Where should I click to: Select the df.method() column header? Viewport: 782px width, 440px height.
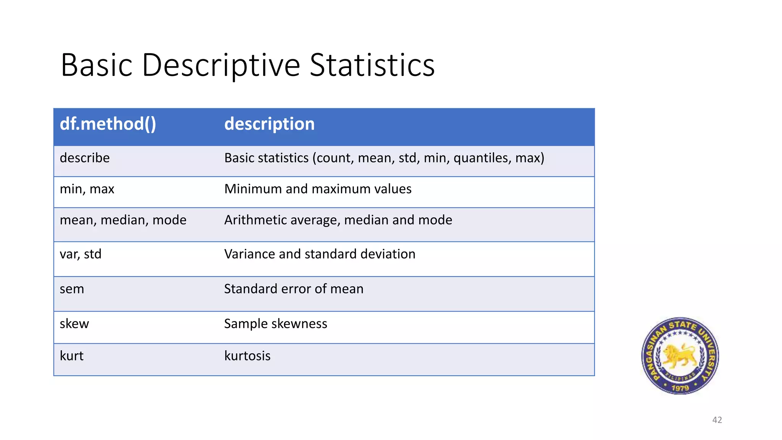tap(108, 124)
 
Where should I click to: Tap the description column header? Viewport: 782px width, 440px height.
tap(269, 124)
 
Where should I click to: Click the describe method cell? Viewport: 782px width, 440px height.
tap(85, 158)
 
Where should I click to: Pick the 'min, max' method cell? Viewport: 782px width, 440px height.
tap(87, 189)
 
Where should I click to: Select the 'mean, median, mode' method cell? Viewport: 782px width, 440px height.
tap(123, 220)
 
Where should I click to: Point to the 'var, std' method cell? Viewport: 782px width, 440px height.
tap(81, 254)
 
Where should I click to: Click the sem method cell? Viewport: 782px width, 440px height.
tap(72, 289)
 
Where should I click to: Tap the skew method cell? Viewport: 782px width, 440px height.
tap(74, 324)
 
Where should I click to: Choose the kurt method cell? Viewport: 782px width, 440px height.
tap(71, 356)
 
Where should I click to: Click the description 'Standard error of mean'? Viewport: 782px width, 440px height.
tap(294, 289)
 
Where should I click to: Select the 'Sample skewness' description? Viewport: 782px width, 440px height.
tap(275, 324)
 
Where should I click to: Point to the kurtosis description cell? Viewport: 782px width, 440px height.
tap(247, 356)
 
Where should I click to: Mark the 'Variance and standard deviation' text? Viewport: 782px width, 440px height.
tap(320, 254)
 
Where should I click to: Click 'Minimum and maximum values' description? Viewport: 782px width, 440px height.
tap(318, 189)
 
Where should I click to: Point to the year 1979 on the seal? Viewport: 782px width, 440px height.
tap(680, 388)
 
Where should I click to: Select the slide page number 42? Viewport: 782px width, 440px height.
tap(717, 420)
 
